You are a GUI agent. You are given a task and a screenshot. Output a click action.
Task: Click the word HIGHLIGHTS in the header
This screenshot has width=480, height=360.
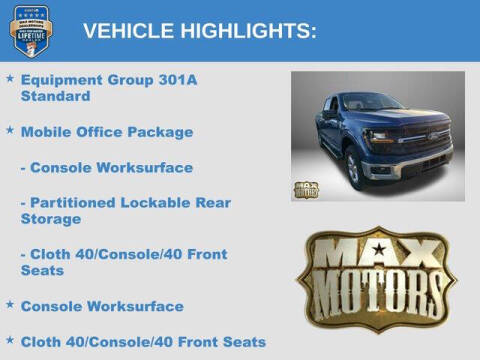click(244, 31)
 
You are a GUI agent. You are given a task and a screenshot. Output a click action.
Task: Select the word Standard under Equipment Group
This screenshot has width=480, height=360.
click(55, 97)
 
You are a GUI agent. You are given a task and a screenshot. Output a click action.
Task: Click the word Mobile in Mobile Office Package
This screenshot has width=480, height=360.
click(47, 132)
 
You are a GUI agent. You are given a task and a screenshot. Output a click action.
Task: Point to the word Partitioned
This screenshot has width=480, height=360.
click(77, 202)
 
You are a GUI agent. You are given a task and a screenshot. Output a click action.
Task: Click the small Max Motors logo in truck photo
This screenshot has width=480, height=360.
click(305, 189)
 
